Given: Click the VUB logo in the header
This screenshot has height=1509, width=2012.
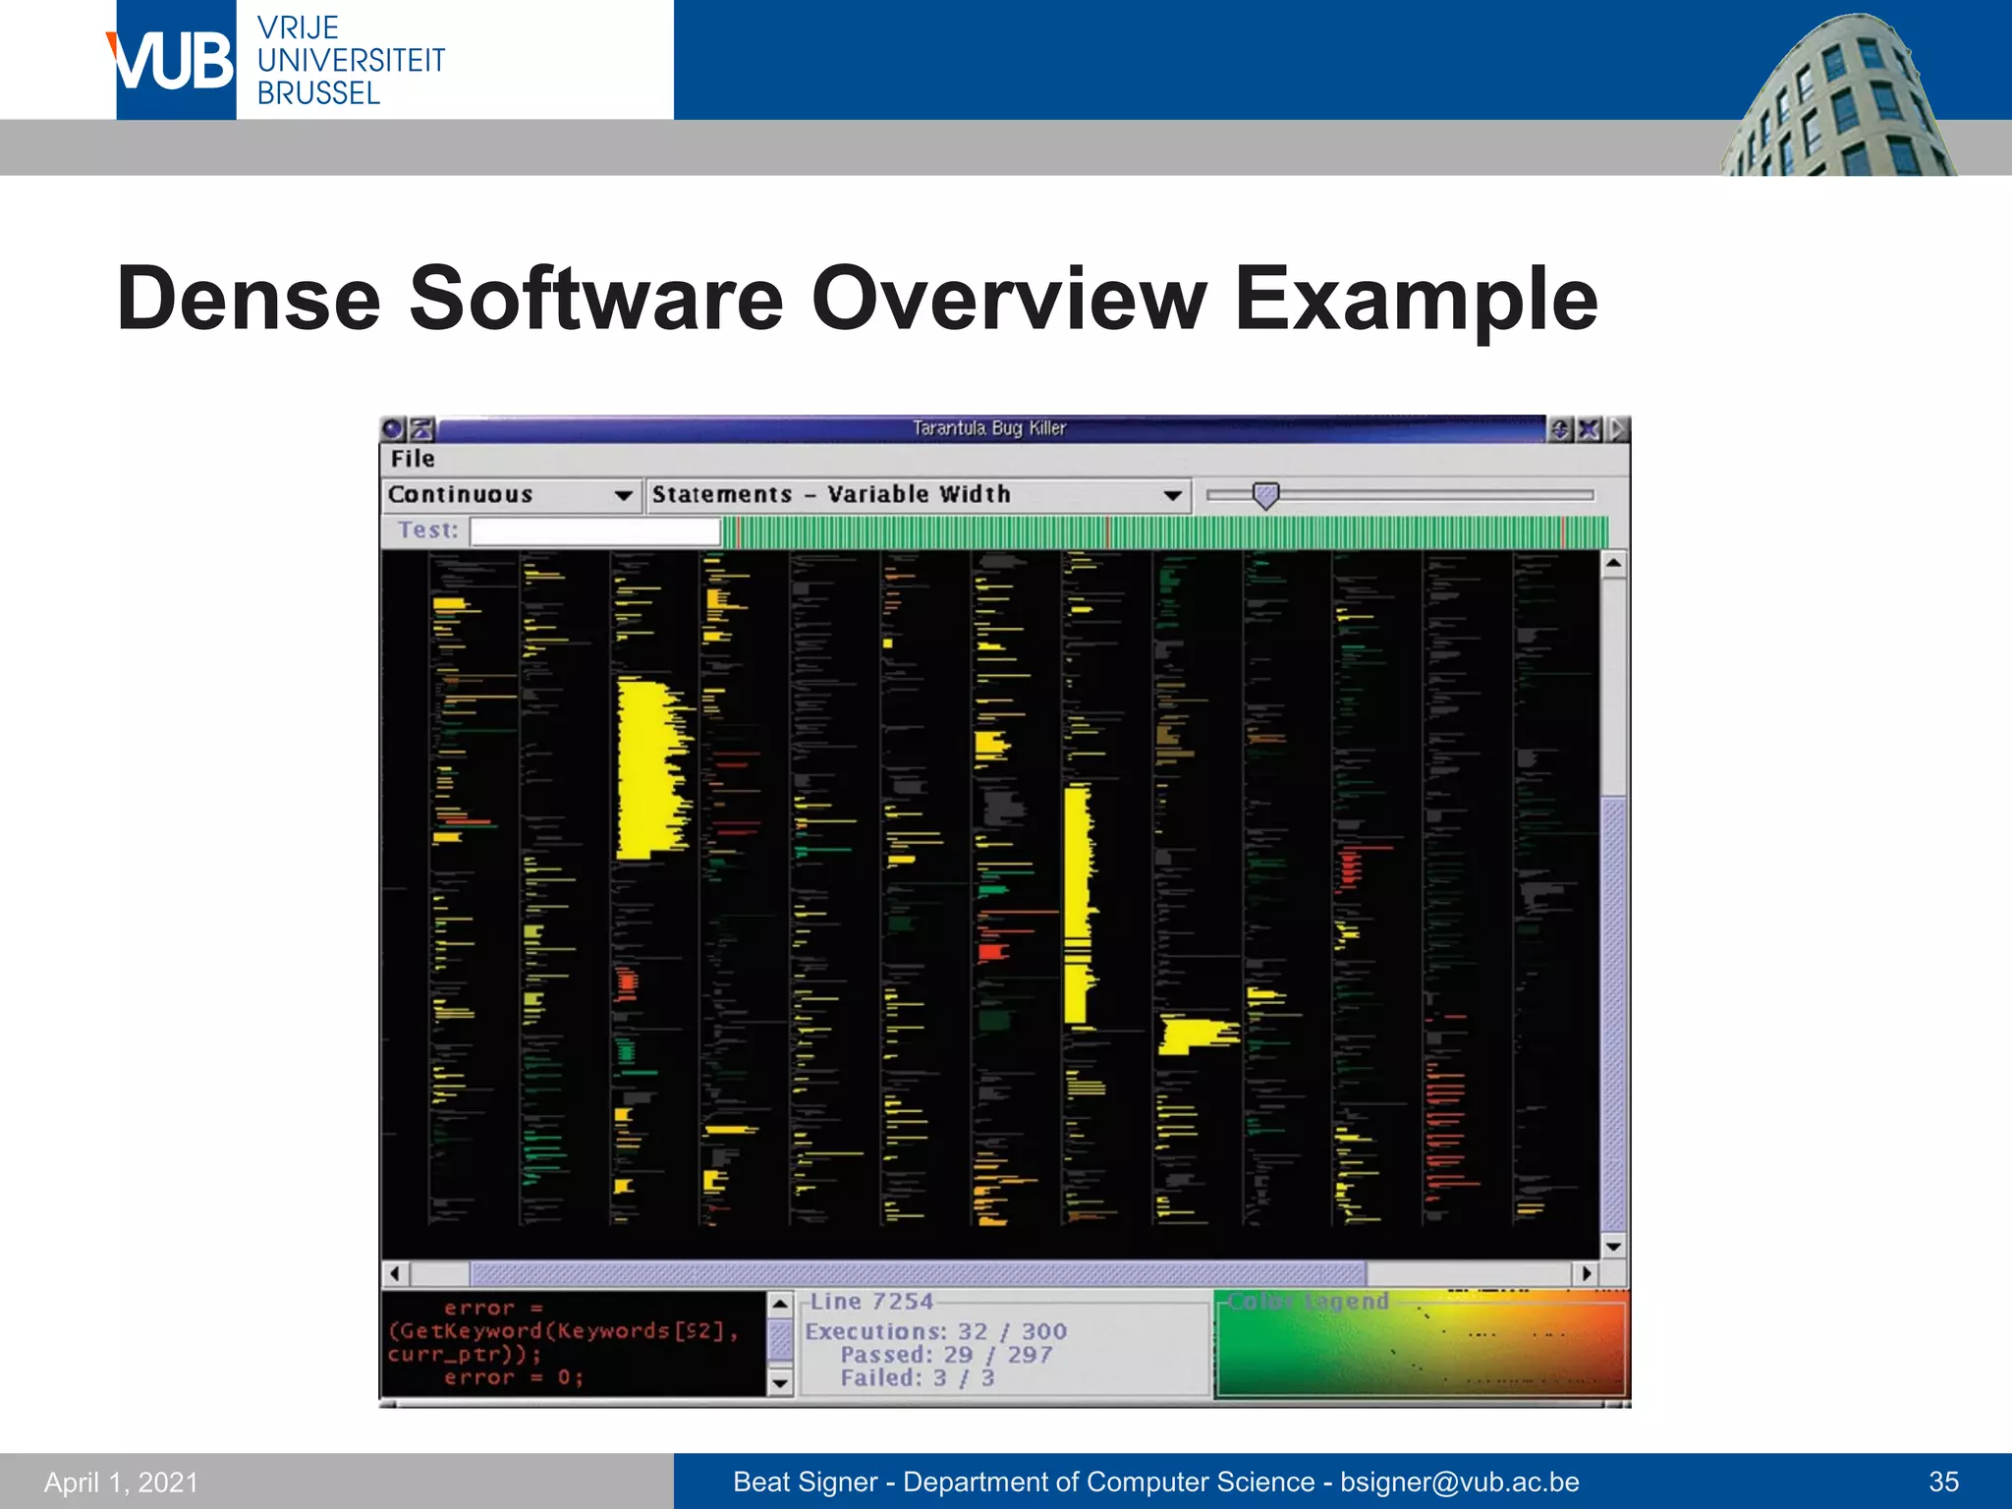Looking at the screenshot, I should point(175,61).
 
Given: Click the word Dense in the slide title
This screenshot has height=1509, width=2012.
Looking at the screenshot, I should point(248,299).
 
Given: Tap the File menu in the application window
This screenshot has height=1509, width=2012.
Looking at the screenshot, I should point(413,459).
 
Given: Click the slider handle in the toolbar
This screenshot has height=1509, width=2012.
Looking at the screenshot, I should point(1266,495).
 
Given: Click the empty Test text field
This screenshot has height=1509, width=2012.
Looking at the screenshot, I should point(595,531).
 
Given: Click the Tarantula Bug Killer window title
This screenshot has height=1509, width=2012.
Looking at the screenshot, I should point(988,428).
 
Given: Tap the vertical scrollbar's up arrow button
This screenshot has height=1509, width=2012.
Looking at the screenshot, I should point(1613,564).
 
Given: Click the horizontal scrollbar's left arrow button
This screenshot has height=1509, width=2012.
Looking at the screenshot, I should point(395,1274).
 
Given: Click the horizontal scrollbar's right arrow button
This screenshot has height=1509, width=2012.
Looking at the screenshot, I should point(1586,1274).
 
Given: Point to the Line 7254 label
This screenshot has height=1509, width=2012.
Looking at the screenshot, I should point(871,1302).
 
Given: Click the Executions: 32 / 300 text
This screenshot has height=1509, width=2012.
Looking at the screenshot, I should point(935,1331).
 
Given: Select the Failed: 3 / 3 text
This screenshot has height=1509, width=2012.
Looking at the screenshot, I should point(917,1378).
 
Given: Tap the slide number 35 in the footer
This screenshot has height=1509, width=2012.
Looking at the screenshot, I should point(1943,1481).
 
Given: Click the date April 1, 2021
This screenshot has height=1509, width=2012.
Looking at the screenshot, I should point(121,1482).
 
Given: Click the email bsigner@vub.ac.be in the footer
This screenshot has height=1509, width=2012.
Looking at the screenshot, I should point(1459,1481).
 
